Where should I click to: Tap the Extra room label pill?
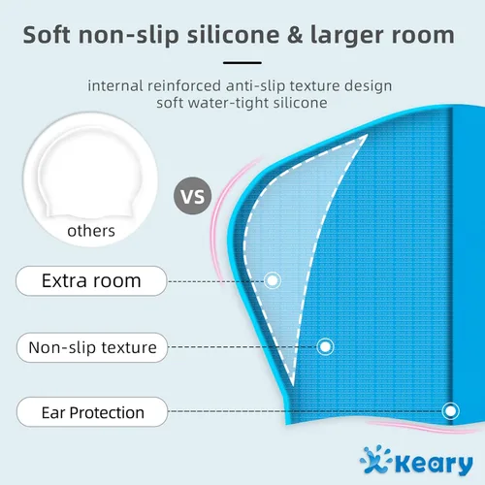click(91, 281)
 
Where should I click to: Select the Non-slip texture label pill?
click(91, 346)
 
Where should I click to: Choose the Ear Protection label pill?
click(91, 412)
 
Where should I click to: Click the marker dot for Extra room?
click(273, 280)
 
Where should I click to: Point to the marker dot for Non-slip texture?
click(326, 345)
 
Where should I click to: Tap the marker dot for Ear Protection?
click(450, 411)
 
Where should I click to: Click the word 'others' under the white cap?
click(91, 231)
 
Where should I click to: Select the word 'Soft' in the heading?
click(51, 35)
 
